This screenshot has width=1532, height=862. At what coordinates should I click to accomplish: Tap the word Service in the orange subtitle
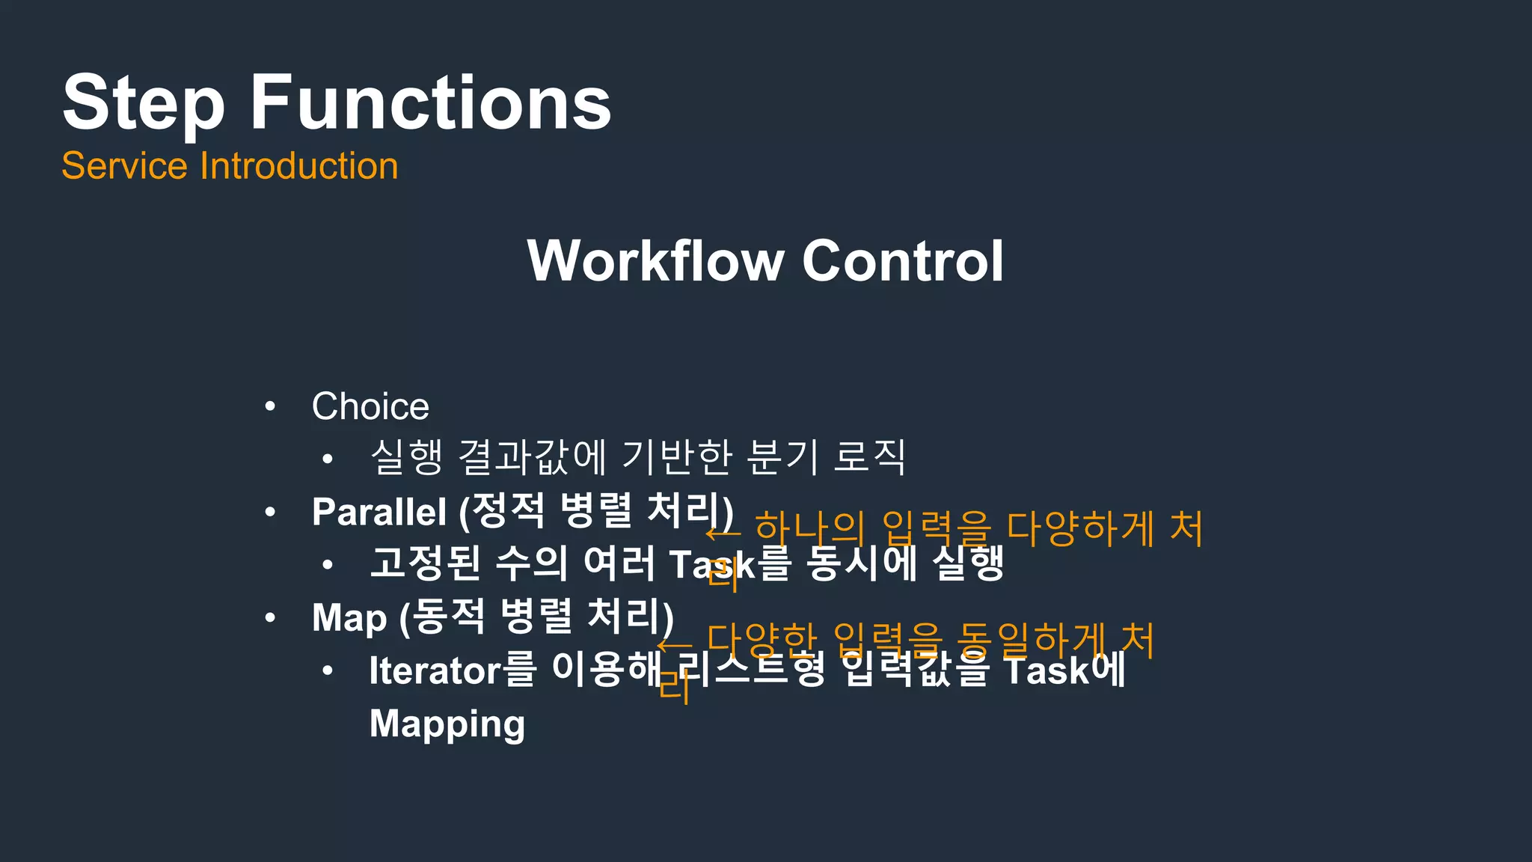[123, 165]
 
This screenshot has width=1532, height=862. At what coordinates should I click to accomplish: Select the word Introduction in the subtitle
[298, 165]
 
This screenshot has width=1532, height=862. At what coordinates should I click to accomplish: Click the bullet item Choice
[370, 406]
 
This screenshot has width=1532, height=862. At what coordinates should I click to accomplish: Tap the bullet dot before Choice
[270, 407]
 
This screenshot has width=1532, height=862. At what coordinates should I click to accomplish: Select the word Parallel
[379, 513]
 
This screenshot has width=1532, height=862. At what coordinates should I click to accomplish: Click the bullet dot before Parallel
[270, 513]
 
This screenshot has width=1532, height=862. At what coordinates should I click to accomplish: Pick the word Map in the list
[349, 618]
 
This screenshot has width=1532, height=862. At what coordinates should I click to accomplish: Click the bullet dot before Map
[270, 618]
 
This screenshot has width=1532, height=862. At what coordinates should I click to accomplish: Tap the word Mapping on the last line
[447, 724]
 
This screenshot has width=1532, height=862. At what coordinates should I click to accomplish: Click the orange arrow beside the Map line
[675, 644]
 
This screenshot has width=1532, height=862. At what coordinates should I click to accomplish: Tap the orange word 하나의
[809, 528]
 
